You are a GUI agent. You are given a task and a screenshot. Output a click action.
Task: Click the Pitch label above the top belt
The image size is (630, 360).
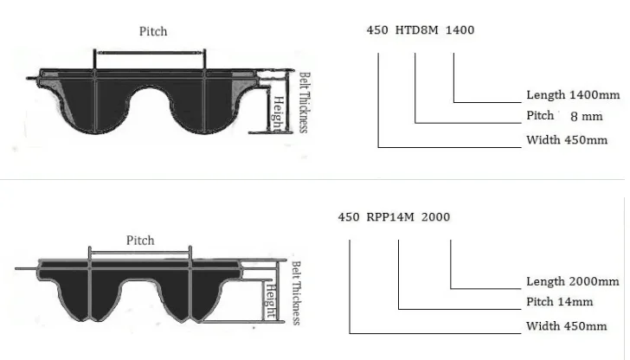[153, 31]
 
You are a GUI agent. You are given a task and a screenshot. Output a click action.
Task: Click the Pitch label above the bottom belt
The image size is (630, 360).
[140, 241]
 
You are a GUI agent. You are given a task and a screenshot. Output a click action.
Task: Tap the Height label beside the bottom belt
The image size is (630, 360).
[271, 301]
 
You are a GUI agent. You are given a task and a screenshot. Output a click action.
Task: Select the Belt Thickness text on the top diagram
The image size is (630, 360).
[304, 102]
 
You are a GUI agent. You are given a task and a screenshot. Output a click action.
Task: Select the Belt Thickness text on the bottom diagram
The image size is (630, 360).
[296, 292]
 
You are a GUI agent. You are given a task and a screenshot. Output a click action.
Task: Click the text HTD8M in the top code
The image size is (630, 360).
[416, 30]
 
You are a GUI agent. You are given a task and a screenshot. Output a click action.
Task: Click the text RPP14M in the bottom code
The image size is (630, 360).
[390, 217]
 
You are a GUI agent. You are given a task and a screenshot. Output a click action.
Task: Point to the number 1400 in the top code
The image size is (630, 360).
[460, 30]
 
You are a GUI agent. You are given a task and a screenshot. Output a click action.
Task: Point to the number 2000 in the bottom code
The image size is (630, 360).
[435, 217]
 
